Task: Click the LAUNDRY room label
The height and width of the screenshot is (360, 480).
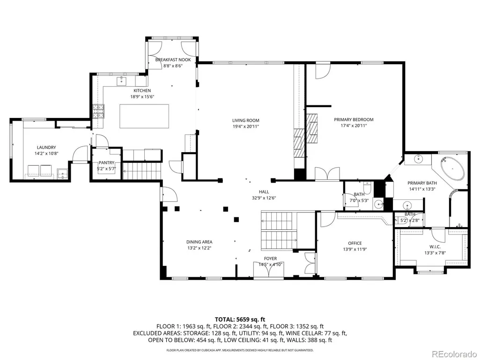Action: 46,147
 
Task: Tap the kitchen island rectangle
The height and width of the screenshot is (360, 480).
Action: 144,116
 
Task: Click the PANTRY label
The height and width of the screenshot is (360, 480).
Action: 106,163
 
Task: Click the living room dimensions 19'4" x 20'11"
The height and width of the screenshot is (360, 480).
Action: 245,126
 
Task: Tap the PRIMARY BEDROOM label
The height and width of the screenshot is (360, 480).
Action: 354,120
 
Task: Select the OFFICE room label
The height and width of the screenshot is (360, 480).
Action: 355,243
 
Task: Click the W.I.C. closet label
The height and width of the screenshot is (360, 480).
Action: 435,247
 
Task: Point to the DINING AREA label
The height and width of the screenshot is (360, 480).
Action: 199,242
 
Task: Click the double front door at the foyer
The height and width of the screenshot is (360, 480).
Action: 269,270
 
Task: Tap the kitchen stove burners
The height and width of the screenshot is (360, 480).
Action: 98,111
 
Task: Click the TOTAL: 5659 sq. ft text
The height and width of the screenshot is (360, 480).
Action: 240,320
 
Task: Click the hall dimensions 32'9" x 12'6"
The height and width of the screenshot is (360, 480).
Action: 264,198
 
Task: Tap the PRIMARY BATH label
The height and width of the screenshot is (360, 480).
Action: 422,183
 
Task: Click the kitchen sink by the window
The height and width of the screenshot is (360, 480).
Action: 122,81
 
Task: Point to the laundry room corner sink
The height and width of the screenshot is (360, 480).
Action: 63,174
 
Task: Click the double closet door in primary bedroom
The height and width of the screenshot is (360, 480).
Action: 327,173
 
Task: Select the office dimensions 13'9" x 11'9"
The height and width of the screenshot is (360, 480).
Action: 355,249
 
